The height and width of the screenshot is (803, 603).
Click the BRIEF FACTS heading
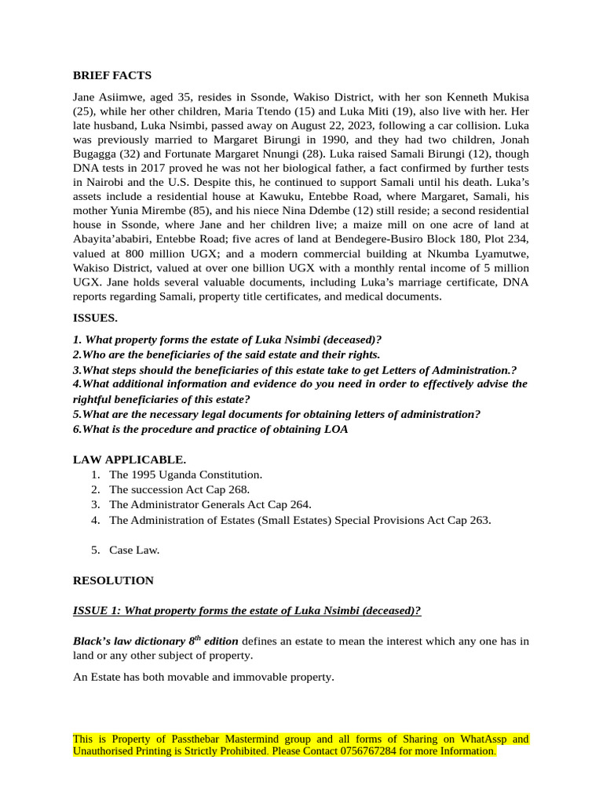point(111,75)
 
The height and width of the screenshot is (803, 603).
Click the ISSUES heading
point(95,318)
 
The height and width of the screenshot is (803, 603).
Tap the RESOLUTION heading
point(113,581)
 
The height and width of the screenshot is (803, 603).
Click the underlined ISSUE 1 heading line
point(247,611)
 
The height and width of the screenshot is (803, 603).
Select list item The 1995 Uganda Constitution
point(185,474)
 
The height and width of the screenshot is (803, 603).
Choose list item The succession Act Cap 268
point(179,489)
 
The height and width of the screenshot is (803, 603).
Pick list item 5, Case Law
point(134,550)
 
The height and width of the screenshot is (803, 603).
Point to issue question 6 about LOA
point(210,429)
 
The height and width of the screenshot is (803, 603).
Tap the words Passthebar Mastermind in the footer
point(225,739)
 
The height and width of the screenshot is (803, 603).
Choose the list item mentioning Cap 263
point(300,519)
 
